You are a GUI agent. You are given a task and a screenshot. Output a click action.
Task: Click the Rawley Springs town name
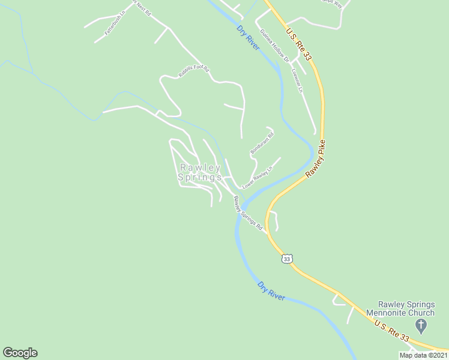[x=199, y=173]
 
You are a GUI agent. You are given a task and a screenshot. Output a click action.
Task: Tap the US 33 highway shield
[x=288, y=259]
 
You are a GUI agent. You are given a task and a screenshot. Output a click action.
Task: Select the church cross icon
[x=421, y=326]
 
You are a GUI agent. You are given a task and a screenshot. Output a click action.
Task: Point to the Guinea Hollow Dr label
[x=275, y=45]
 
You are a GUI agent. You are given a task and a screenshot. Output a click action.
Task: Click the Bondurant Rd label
[x=262, y=145]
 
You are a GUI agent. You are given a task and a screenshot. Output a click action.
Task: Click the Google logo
[x=20, y=353]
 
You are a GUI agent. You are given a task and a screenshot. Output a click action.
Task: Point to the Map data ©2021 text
[x=423, y=355]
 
